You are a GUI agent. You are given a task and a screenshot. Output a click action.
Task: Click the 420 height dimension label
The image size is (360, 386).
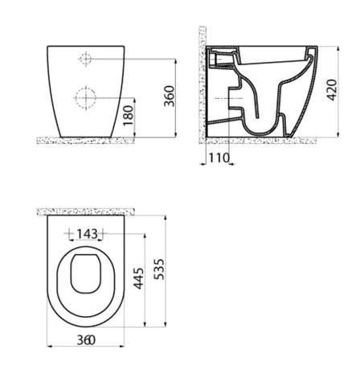(332, 90)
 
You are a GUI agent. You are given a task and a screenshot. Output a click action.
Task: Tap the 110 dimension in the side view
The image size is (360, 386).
(219, 158)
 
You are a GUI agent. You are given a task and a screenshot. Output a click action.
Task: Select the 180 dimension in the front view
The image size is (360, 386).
(129, 116)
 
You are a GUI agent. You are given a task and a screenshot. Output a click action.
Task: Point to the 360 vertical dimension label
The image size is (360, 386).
(170, 96)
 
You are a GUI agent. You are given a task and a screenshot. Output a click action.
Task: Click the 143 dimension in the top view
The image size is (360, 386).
(87, 234)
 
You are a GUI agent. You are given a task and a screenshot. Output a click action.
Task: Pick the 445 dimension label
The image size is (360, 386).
(139, 278)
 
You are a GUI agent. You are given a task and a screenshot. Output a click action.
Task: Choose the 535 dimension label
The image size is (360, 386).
(160, 269)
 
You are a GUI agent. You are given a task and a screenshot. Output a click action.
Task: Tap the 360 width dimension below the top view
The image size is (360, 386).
(86, 340)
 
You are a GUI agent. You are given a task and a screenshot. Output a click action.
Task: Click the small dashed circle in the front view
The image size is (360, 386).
(85, 59)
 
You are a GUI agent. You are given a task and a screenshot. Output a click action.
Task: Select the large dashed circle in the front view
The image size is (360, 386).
(86, 98)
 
